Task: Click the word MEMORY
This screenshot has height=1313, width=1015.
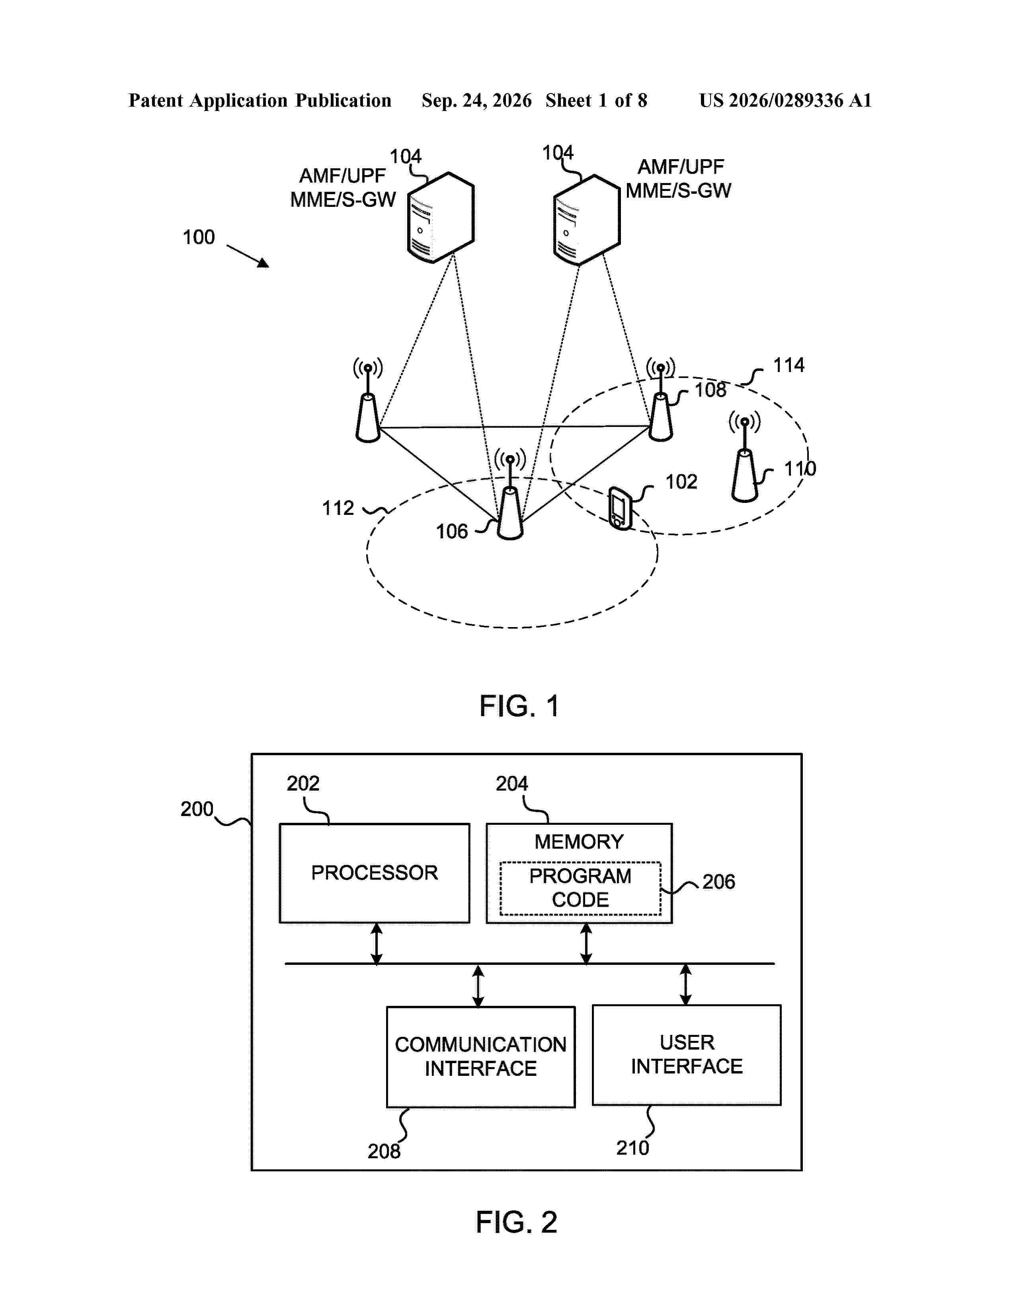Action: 579,842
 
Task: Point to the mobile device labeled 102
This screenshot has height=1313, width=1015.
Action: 620,508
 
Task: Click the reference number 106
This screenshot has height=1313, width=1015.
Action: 452,532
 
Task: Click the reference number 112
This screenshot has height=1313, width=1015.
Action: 338,508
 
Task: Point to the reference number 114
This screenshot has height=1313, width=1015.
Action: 788,365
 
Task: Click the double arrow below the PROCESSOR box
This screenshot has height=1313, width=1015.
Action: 377,944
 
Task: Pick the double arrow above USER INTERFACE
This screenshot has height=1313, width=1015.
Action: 685,985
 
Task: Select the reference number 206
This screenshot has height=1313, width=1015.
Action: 718,882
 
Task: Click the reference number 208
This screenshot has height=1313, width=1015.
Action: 384,1151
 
